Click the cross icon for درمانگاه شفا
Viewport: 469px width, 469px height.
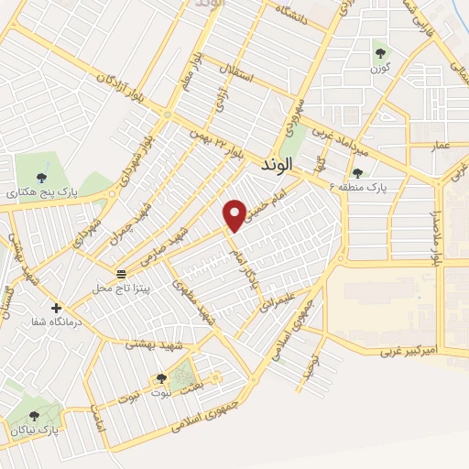(x=57, y=308)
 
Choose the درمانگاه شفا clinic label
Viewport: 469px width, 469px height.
(x=58, y=322)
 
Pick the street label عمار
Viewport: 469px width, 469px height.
(x=420, y=145)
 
